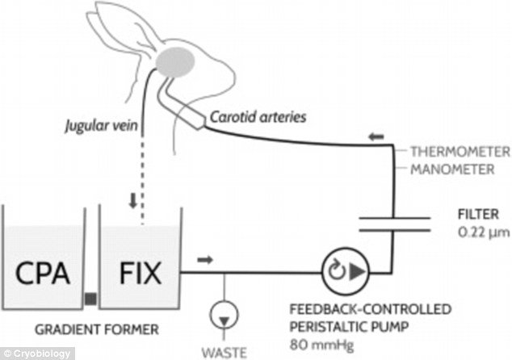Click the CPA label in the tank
pos(43,273)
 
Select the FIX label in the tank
pos(141,273)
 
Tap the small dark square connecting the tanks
pos(91,299)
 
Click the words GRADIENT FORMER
pos(97,329)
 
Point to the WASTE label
pos(224,354)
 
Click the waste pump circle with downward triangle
pos(224,315)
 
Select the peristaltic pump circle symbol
pos(346,271)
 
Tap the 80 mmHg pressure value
pos(321,345)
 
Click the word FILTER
pos(478,215)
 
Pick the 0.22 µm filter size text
pos(484,232)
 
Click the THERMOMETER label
pos(460,152)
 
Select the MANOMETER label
pos(452,170)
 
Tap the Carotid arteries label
pos(258,117)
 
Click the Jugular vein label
pos(101,125)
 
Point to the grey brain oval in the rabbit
pos(175,62)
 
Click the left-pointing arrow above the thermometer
pos(376,136)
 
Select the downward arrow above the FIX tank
pos(133,201)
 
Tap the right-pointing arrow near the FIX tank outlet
pos(205,260)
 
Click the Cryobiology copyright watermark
pos(37,354)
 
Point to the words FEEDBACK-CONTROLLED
pos(371,309)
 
